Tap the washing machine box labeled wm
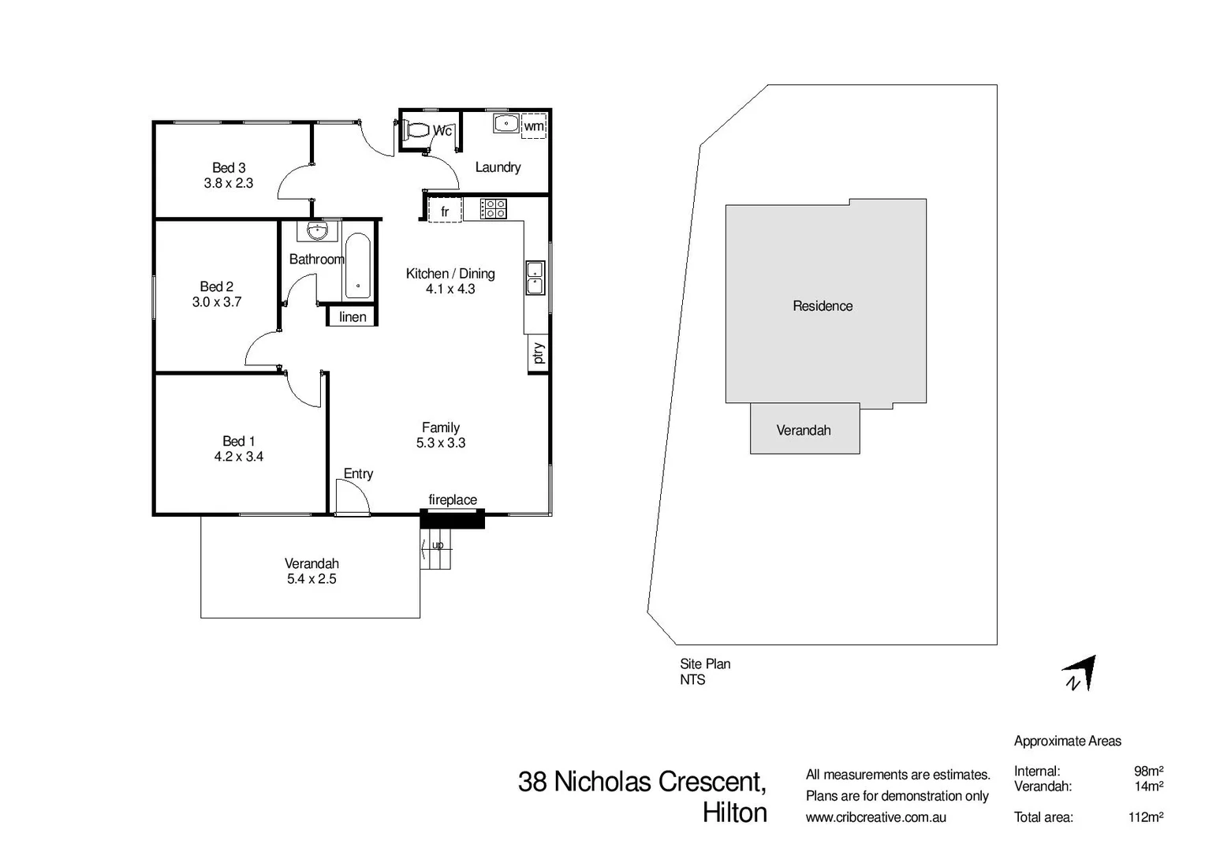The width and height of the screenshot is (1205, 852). [x=534, y=126]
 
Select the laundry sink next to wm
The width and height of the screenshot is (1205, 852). [x=506, y=124]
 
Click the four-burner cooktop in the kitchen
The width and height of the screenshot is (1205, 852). [x=494, y=209]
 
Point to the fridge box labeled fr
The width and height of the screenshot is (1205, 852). [x=445, y=211]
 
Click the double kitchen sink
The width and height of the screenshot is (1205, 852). [x=535, y=278]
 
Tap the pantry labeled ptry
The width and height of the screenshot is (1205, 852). [x=538, y=353]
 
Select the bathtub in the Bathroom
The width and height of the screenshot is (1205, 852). [x=357, y=266]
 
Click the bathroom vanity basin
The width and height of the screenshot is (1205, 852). [x=317, y=231]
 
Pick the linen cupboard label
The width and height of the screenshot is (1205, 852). [x=353, y=317]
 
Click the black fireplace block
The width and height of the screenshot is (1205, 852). [x=452, y=519]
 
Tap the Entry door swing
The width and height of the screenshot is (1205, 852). [x=352, y=498]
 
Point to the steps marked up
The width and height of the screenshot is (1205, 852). [x=436, y=550]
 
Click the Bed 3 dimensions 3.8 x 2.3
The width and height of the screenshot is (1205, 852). [x=229, y=183]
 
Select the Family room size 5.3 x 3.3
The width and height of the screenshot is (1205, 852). [x=441, y=443]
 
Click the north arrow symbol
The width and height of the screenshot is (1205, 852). [x=1080, y=674]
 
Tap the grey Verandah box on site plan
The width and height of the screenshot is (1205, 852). [x=804, y=429]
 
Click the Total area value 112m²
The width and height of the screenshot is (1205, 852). [x=1145, y=817]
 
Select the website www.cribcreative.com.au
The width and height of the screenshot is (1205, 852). [x=875, y=818]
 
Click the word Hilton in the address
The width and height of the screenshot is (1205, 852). [x=734, y=813]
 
